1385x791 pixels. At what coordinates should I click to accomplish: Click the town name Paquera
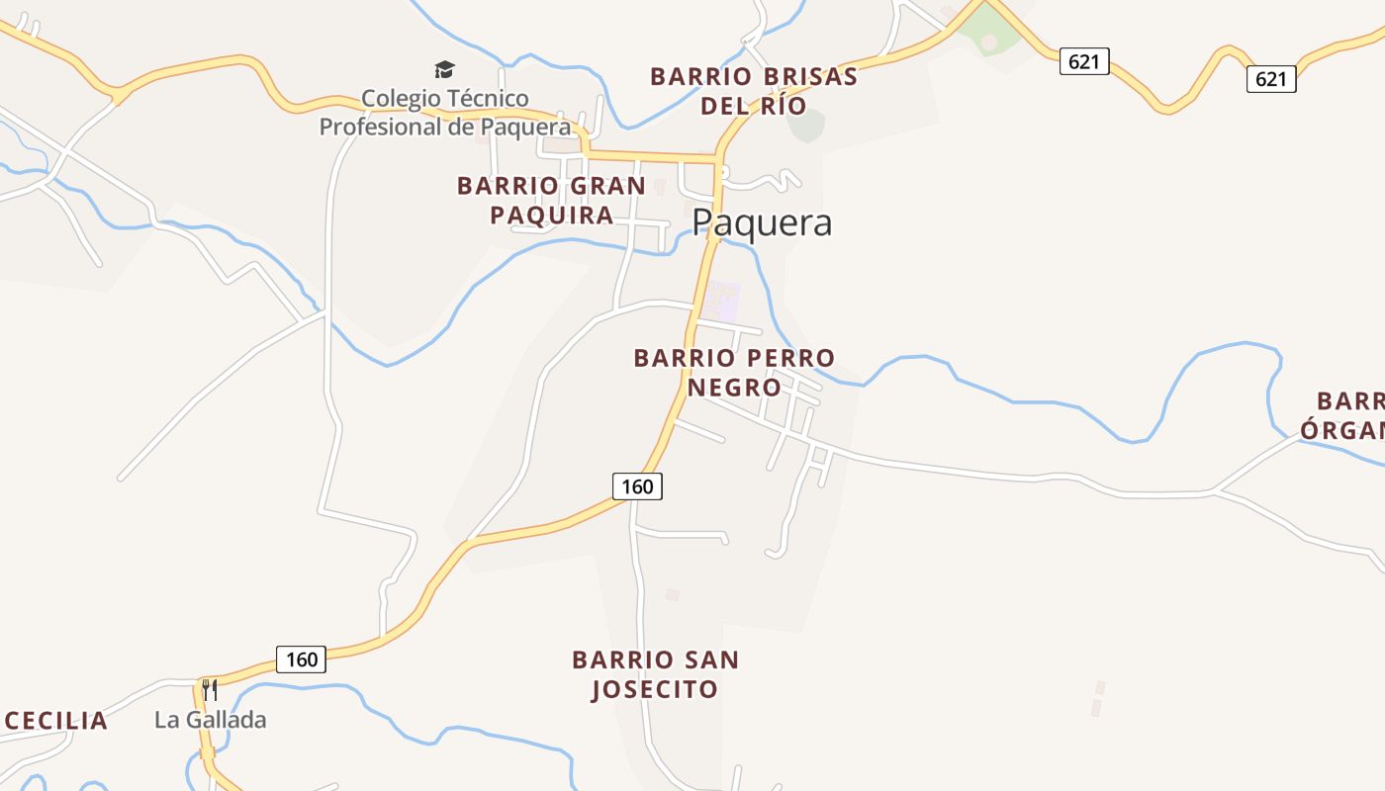tap(762, 223)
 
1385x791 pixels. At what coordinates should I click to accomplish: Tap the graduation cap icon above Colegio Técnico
tap(444, 70)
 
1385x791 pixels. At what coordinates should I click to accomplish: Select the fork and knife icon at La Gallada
tap(210, 688)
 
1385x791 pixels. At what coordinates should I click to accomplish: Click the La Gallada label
tap(211, 720)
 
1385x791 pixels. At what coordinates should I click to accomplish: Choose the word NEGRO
tap(734, 388)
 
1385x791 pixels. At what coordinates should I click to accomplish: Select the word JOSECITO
tap(655, 689)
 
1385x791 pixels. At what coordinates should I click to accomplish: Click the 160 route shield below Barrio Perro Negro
tap(637, 486)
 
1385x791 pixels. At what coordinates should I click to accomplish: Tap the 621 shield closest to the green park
tap(1084, 61)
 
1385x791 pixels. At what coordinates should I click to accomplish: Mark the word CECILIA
tap(56, 721)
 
